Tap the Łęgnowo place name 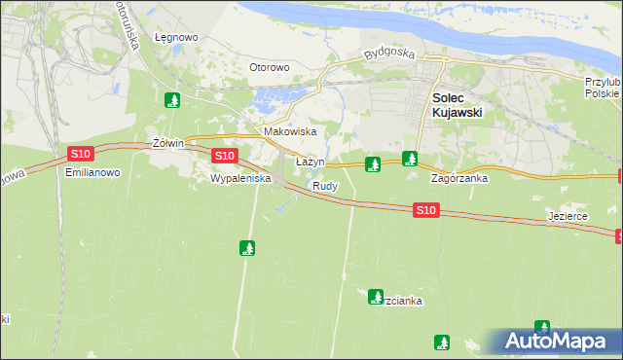[x=176, y=38]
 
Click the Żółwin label [x=169, y=143]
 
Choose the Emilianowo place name [x=92, y=172]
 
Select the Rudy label [x=325, y=185]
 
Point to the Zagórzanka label [x=459, y=179]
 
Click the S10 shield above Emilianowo [x=81, y=154]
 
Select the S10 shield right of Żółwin [x=224, y=156]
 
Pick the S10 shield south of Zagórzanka [x=425, y=209]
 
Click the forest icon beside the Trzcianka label [x=376, y=297]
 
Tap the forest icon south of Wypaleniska [x=247, y=248]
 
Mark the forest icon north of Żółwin [x=172, y=99]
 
